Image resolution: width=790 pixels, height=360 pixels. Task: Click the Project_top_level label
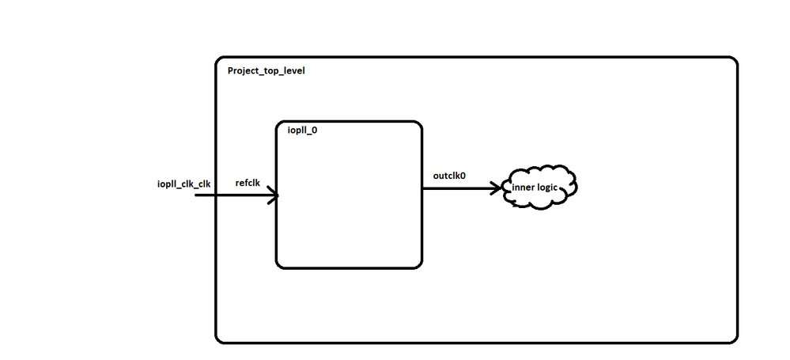tap(266, 70)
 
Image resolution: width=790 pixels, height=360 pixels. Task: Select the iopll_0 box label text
tap(301, 131)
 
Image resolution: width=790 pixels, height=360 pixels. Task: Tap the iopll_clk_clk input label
tap(183, 184)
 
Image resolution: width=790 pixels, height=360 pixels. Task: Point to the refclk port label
tap(248, 183)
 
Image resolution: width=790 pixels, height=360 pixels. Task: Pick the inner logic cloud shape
tap(541, 188)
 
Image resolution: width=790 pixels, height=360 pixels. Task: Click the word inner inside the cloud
tap(523, 187)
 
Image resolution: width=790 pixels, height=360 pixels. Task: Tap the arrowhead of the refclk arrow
tap(274, 195)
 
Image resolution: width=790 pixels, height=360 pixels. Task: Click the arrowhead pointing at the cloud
tap(498, 188)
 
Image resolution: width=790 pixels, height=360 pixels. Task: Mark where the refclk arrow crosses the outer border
tap(216, 194)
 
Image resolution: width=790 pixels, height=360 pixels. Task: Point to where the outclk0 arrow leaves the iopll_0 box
tap(421, 188)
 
